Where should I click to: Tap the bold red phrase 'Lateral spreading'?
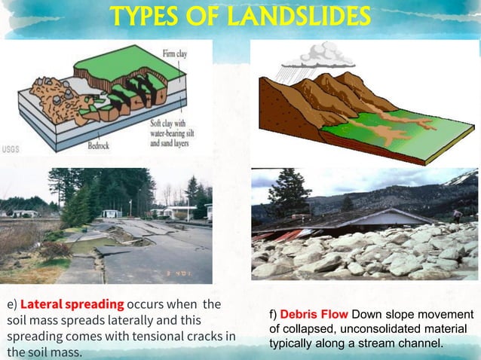click(x=72, y=305)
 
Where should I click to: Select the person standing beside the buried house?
click(x=458, y=215)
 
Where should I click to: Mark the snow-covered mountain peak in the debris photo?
click(x=461, y=178)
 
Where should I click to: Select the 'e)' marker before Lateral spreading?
click(x=11, y=305)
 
